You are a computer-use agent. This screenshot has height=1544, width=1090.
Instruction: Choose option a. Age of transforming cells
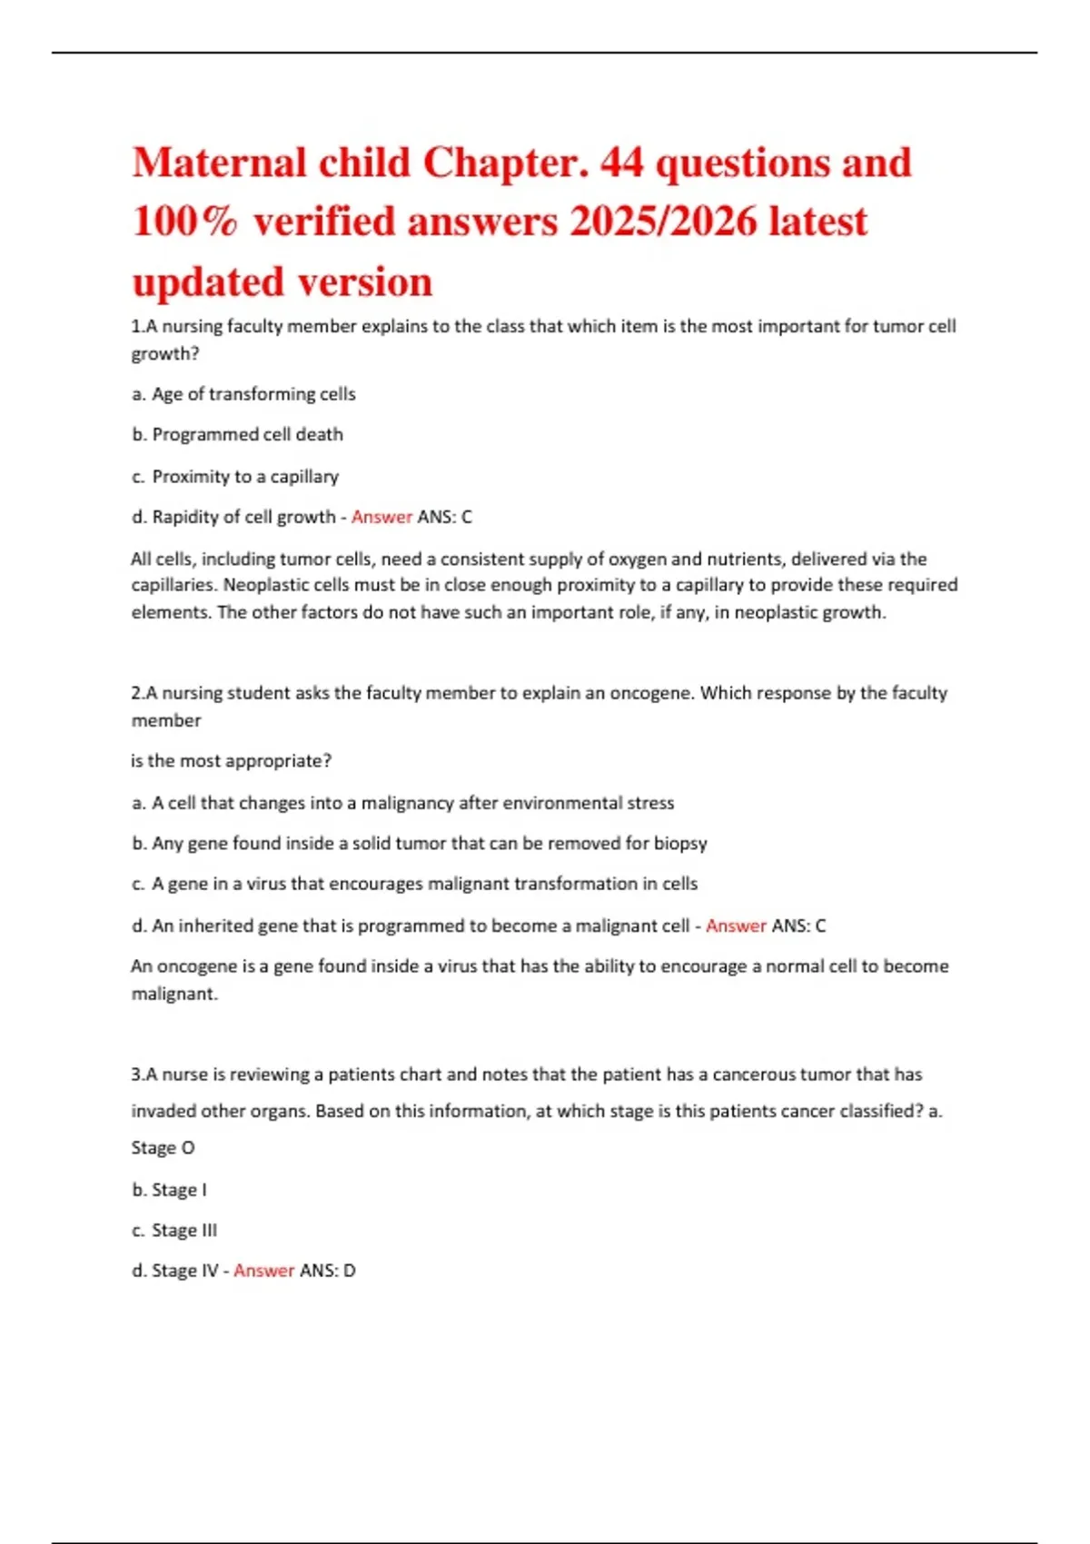click(x=243, y=394)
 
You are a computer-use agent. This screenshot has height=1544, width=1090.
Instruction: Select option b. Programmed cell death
click(x=237, y=435)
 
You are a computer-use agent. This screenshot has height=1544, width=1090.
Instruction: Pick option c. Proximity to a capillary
click(x=235, y=477)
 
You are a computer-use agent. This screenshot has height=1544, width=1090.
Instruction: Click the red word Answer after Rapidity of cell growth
click(x=381, y=517)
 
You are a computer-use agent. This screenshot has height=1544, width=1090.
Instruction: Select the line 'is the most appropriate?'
click(x=231, y=761)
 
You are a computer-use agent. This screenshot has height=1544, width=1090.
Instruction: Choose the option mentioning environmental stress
click(x=402, y=803)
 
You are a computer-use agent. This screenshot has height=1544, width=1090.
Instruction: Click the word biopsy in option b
click(x=680, y=844)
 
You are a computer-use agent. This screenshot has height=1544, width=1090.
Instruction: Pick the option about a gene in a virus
click(x=414, y=884)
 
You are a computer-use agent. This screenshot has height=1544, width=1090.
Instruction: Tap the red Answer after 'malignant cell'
click(x=736, y=925)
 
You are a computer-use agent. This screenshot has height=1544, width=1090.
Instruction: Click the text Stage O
click(x=163, y=1148)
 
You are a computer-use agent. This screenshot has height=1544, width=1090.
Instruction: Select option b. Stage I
click(x=169, y=1190)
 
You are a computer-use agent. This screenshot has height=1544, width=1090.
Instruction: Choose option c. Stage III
click(x=174, y=1231)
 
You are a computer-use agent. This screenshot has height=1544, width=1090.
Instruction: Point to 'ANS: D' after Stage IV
click(x=328, y=1271)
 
